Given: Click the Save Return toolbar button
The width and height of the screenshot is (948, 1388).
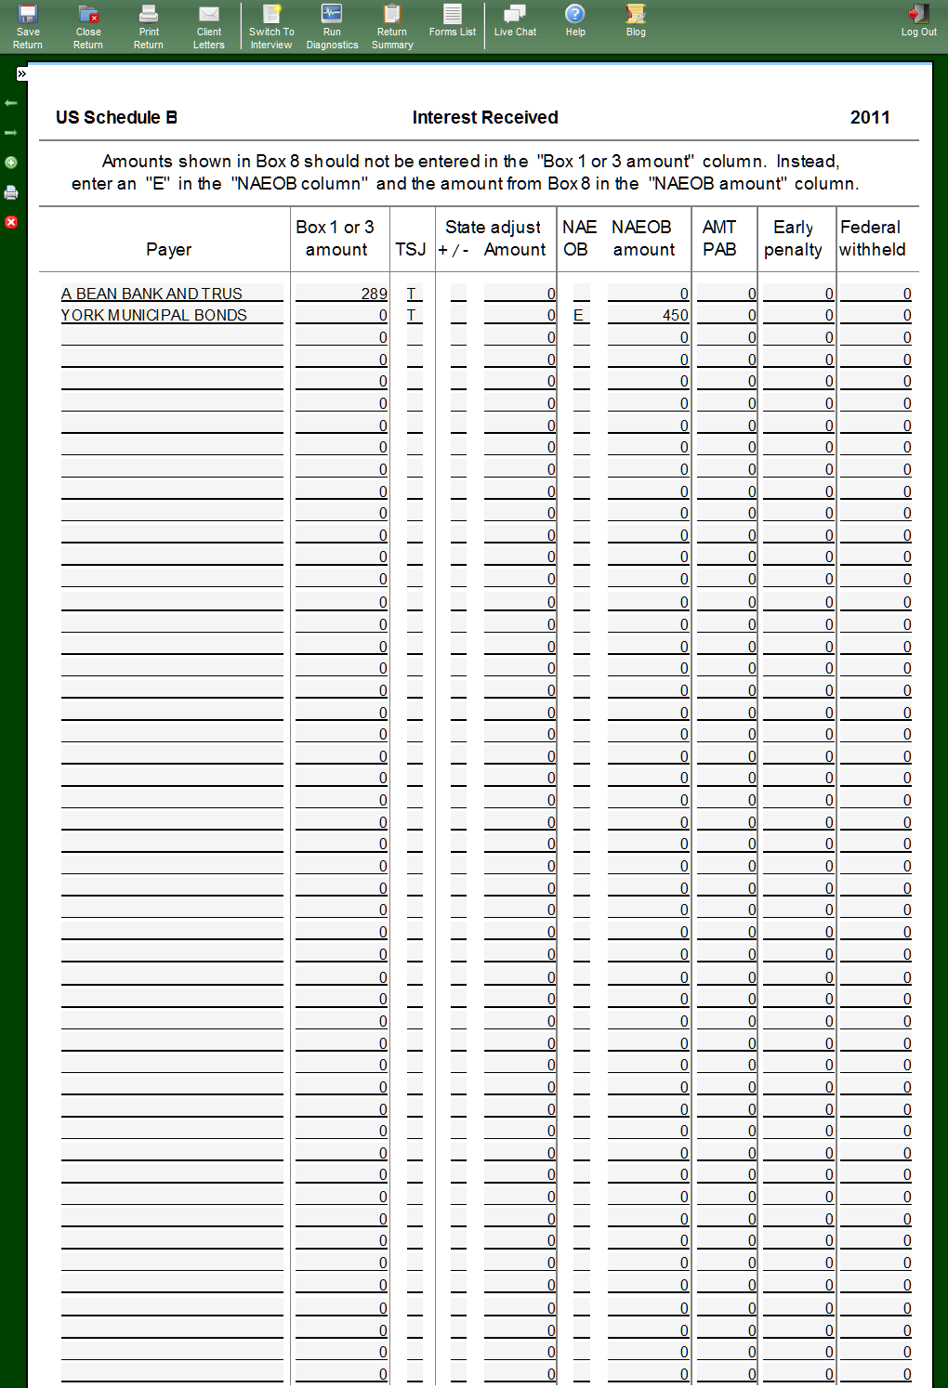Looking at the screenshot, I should tap(28, 26).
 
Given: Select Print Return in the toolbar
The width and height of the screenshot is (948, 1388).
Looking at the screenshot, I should tap(149, 26).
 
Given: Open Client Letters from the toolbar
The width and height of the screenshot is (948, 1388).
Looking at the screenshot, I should tap(209, 26).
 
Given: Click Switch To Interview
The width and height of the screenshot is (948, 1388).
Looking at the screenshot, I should tap(270, 26).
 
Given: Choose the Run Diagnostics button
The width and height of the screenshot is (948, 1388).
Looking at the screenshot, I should tap(332, 26).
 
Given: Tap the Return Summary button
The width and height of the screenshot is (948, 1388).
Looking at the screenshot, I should tap(392, 26).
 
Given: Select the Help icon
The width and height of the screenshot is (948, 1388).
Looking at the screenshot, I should tap(575, 20).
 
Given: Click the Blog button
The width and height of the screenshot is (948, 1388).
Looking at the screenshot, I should tap(636, 20).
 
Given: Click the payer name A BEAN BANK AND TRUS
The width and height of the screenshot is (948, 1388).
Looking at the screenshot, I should tap(152, 294).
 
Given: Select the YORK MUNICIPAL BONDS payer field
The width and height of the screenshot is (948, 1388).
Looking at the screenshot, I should tap(154, 315).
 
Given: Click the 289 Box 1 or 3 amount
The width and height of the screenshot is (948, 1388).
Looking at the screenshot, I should tap(374, 294).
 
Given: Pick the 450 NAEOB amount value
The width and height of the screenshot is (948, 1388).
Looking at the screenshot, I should tap(676, 315).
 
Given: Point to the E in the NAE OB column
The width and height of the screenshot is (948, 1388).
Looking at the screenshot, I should tap(578, 315).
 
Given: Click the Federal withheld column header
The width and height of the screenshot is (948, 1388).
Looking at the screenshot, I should tap(872, 239).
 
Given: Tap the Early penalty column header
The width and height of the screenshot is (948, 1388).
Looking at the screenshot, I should tap(793, 239).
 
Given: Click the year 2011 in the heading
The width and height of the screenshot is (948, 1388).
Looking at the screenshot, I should tap(870, 118).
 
